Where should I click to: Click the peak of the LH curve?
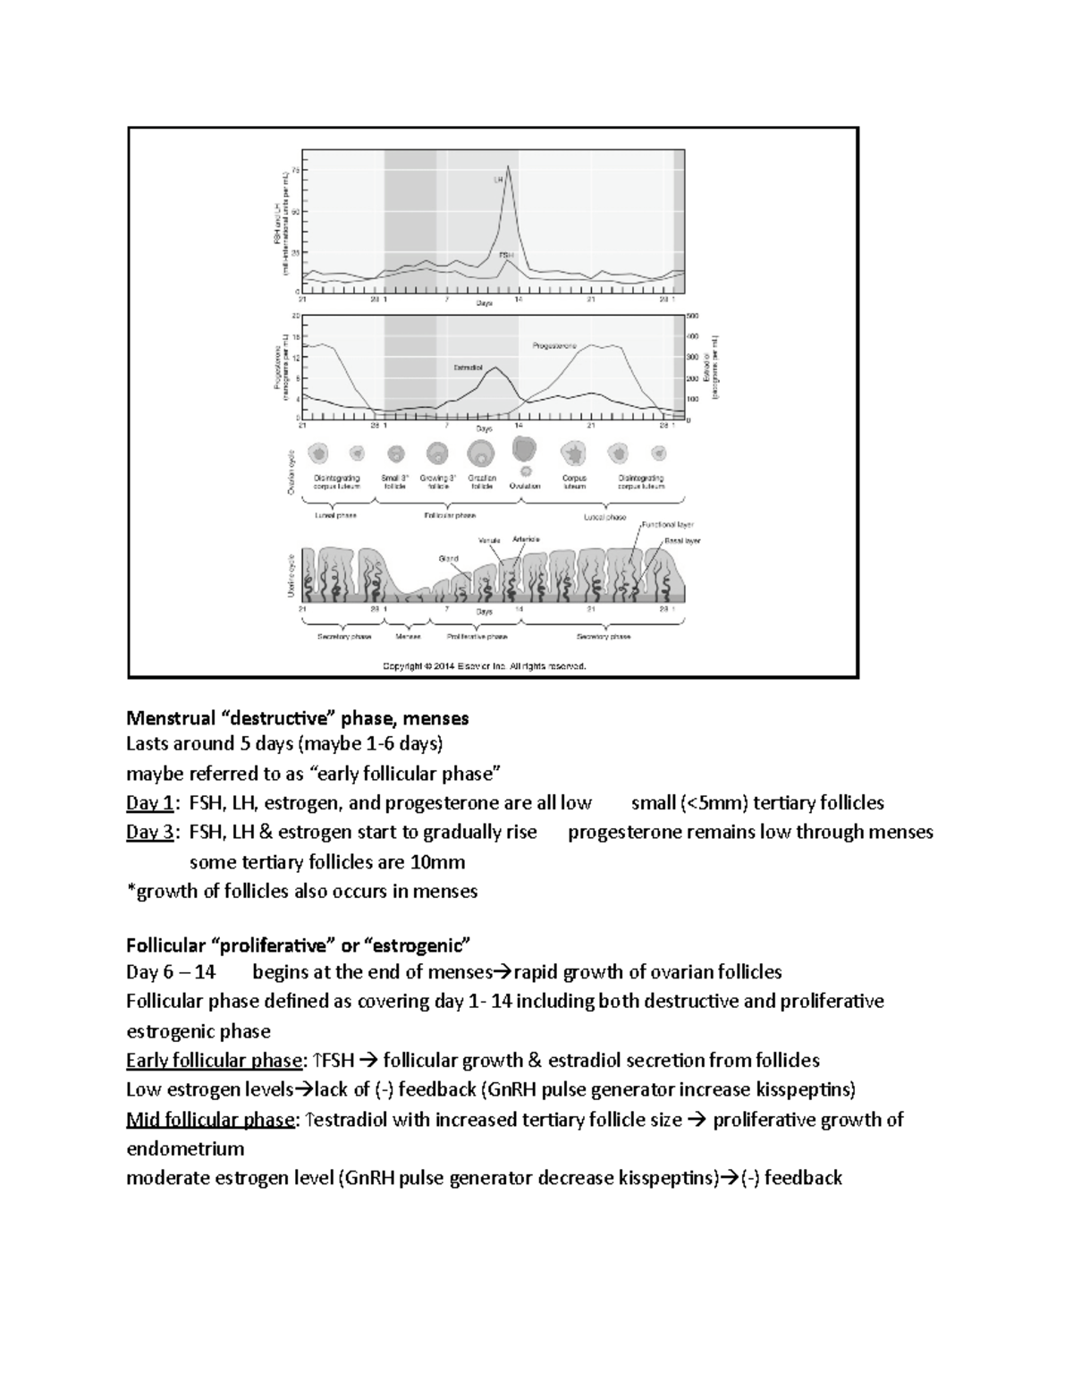508,166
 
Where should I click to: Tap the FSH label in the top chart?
507,255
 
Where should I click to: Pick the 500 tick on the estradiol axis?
693,317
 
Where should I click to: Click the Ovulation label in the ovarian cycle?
525,487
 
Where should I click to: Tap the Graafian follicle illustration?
482,455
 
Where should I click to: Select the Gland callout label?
448,559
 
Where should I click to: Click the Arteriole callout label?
526,539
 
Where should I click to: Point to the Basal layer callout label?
681,541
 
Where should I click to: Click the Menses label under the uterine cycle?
408,637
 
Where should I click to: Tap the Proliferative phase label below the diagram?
477,637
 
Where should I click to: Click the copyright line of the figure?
485,665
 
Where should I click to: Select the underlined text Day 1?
149,803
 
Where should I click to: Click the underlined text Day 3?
149,833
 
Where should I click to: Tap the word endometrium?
185,1148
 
